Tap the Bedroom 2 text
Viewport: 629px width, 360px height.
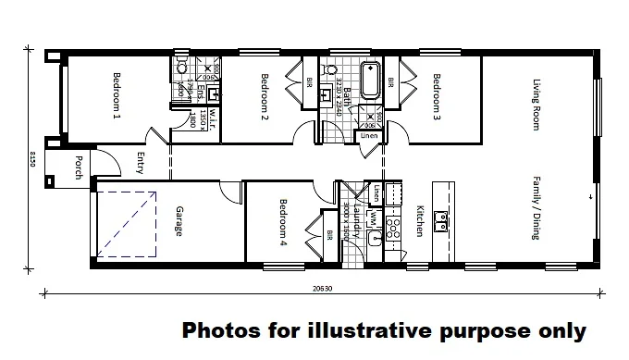[265, 97]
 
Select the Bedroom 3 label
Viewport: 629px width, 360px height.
[437, 97]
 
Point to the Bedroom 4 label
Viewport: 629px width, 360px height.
[285, 222]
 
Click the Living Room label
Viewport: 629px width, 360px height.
[536, 105]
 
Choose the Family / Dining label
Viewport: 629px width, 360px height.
[536, 207]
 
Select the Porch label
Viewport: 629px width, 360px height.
[80, 168]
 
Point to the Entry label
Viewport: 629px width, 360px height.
[142, 163]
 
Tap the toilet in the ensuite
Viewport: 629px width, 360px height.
[182, 67]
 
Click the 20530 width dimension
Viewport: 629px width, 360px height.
[323, 289]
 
